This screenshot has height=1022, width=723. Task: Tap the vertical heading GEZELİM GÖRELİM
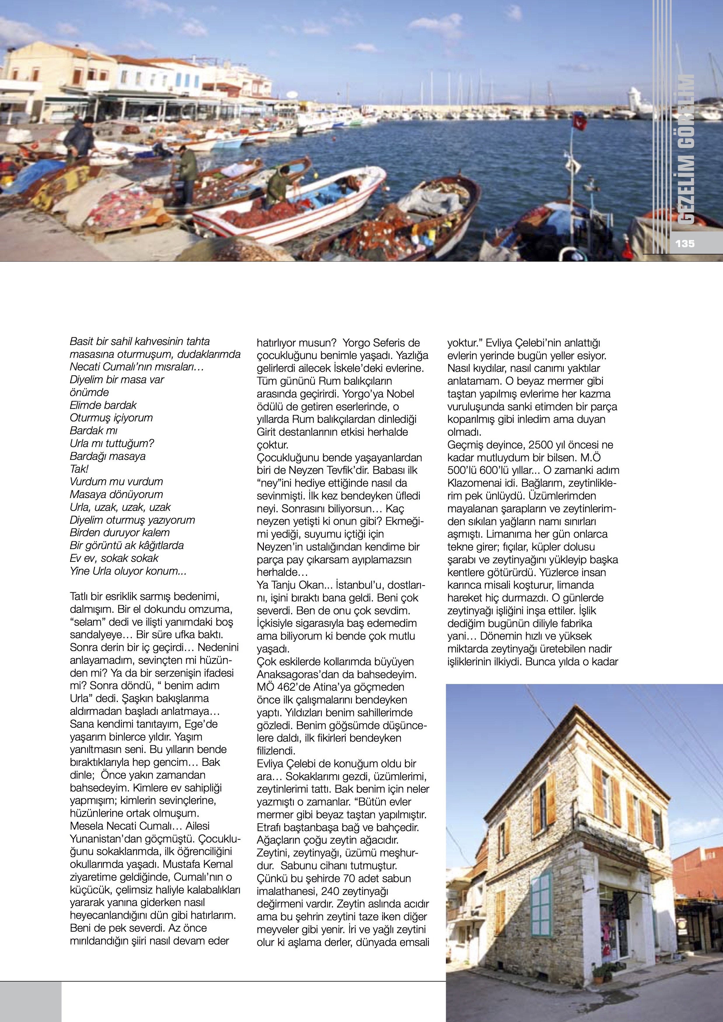(x=686, y=149)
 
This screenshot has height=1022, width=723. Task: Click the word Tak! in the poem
(x=79, y=469)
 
